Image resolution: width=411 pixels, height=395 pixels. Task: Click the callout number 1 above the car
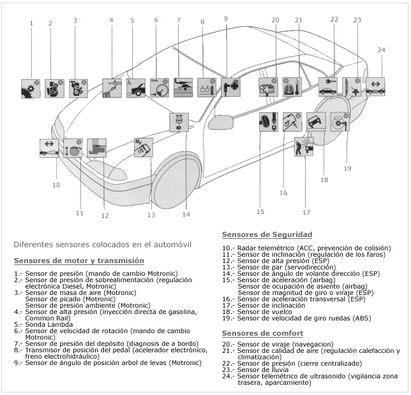31,24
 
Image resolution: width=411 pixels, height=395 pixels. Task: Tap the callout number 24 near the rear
381,50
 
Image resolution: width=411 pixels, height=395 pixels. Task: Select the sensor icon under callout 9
230,87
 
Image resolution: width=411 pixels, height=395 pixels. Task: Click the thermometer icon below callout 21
292,87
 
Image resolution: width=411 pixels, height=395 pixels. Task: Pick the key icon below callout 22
328,85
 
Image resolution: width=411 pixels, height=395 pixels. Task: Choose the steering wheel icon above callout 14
179,122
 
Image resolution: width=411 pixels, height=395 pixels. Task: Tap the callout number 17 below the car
306,212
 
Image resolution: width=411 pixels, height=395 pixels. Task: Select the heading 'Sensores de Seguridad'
267,234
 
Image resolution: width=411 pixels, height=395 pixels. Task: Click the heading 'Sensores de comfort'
262,333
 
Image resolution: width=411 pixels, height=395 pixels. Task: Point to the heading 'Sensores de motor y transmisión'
78,261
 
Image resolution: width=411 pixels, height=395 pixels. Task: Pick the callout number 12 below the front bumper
105,215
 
